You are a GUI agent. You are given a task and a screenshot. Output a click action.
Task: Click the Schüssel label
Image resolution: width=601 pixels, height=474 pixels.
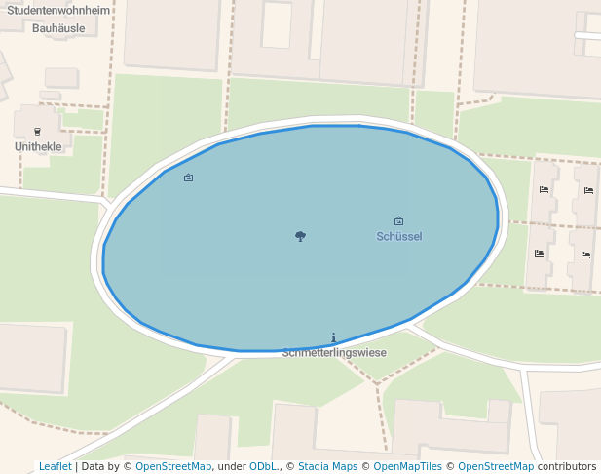(x=398, y=236)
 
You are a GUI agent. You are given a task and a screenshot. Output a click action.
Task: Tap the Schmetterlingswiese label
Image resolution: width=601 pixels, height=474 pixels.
(x=334, y=353)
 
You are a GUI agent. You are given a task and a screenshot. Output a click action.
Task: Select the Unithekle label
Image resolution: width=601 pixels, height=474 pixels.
(x=38, y=147)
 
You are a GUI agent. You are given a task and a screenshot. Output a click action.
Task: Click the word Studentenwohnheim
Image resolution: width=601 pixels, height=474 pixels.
(x=57, y=12)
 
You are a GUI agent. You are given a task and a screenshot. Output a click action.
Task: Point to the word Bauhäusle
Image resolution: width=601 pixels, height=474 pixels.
(x=58, y=28)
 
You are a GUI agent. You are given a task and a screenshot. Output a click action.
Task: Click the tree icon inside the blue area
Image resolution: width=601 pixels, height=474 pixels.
(x=300, y=236)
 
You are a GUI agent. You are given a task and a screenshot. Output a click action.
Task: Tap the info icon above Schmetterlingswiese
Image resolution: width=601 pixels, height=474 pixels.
(x=333, y=337)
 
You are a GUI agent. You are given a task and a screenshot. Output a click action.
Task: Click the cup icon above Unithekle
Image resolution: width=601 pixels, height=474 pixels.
(x=38, y=131)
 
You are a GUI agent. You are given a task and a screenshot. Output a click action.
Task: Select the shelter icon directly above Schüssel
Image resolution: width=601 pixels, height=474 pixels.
(x=398, y=221)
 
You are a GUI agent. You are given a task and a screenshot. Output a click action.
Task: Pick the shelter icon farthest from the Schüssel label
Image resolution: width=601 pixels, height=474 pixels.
(x=188, y=178)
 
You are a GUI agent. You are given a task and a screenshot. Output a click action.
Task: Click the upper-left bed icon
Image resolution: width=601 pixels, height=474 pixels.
(x=544, y=190)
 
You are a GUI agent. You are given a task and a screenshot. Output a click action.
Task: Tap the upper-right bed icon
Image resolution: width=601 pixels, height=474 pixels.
(x=588, y=190)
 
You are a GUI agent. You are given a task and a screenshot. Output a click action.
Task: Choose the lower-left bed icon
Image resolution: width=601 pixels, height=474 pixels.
(x=539, y=254)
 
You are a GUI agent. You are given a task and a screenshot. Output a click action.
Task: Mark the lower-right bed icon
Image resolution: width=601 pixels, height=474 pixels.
(x=585, y=255)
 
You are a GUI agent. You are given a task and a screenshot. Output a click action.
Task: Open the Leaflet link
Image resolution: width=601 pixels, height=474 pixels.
(x=56, y=466)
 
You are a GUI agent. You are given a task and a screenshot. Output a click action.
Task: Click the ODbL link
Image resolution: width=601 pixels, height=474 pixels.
(x=263, y=466)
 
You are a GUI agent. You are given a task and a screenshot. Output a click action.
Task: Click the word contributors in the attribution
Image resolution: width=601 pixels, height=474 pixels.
(x=567, y=466)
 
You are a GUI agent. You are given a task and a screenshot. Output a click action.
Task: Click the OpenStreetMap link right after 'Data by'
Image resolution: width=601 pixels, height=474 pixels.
(x=173, y=466)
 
